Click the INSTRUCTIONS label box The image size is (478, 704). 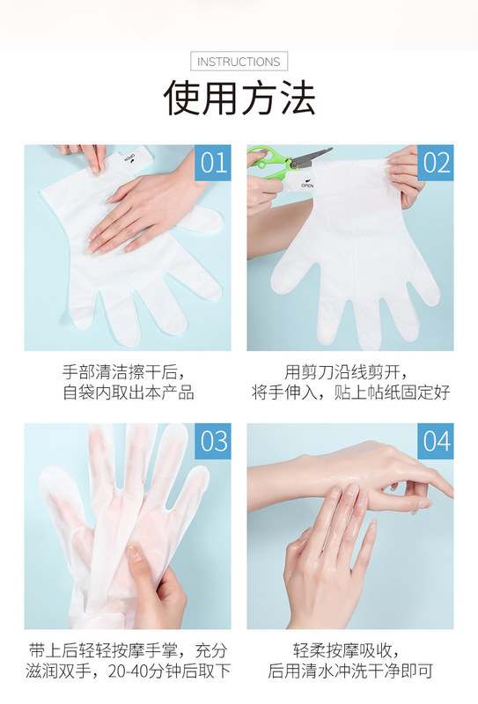tap(239, 62)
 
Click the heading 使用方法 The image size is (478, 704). tap(239, 98)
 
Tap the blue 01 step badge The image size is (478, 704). tap(213, 163)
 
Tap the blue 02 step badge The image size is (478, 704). tap(436, 163)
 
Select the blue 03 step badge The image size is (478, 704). tap(213, 441)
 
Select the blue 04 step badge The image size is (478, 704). tap(436, 441)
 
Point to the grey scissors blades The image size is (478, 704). tap(312, 157)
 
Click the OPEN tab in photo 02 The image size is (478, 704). tap(305, 184)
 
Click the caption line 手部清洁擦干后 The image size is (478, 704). tap(123, 372)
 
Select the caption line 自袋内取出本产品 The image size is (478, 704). tap(129, 392)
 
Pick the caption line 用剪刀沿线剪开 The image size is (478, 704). tap(346, 372)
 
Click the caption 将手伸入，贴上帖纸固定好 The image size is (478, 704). tap(351, 392)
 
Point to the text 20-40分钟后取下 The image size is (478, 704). tap(169, 671)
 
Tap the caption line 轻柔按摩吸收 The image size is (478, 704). tap(346, 650)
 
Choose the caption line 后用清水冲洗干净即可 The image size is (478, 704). tap(350, 671)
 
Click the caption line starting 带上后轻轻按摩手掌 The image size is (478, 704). tap(128, 650)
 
